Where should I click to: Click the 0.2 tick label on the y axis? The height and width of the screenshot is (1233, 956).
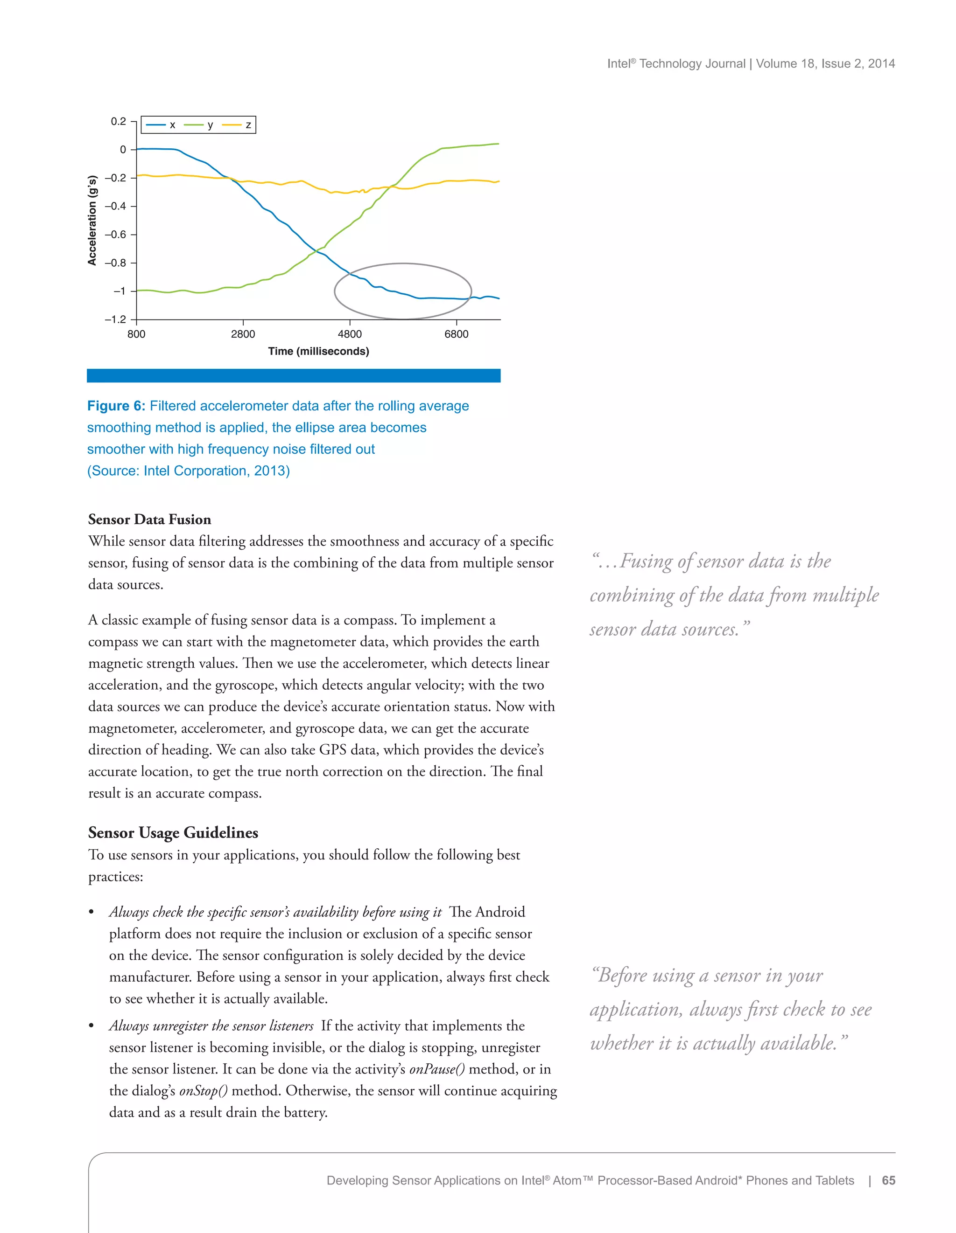[x=119, y=121]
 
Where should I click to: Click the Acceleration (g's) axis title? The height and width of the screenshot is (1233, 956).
[x=92, y=220]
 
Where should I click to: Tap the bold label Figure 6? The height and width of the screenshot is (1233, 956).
[x=116, y=406]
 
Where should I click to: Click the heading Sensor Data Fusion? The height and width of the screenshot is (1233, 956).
[x=150, y=520]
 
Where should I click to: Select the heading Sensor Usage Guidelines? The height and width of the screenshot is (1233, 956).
[x=173, y=833]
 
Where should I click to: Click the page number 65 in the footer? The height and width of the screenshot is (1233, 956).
[x=888, y=1180]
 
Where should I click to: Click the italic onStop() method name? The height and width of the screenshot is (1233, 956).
[x=204, y=1091]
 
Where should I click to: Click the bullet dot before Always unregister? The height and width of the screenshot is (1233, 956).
[x=91, y=1026]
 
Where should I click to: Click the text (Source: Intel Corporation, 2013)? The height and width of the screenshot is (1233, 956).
[x=188, y=471]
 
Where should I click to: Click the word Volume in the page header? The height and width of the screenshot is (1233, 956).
[x=776, y=63]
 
